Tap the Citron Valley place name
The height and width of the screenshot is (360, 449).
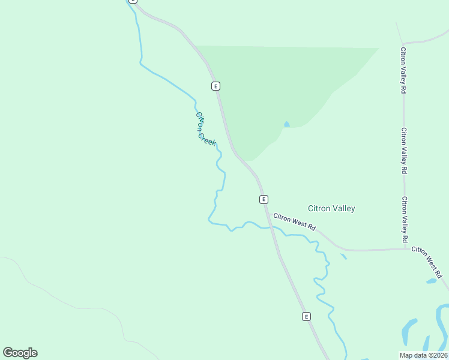(x=331, y=209)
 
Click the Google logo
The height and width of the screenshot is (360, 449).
(x=20, y=353)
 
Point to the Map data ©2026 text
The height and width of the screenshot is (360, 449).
(x=424, y=355)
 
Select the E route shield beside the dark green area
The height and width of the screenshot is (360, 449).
(x=215, y=86)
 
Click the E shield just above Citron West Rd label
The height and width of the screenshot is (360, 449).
(x=263, y=199)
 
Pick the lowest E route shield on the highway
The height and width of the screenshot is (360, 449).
(x=306, y=316)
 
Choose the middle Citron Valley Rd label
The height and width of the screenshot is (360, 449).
(x=405, y=151)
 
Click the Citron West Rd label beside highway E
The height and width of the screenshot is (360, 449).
(x=294, y=221)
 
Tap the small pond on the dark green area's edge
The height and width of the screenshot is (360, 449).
(x=287, y=124)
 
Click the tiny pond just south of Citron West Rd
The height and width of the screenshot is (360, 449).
(x=343, y=257)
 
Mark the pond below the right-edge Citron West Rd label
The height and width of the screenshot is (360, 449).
(x=431, y=281)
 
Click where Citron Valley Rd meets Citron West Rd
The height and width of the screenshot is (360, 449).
(x=406, y=249)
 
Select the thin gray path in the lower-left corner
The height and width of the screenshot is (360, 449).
(x=72, y=303)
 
